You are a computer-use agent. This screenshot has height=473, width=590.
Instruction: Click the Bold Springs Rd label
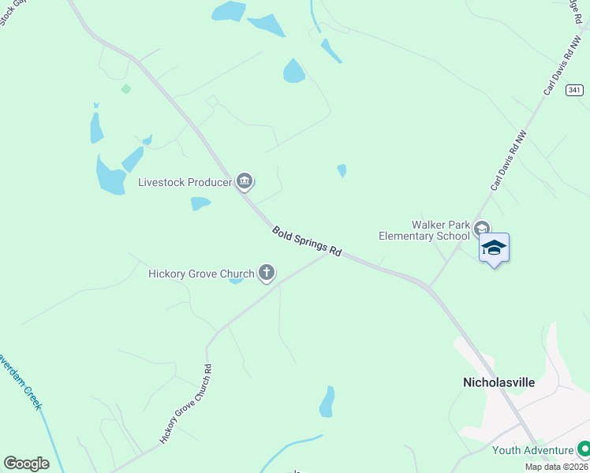coord(307,242)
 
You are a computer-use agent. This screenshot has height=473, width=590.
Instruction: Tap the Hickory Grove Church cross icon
coord(267,274)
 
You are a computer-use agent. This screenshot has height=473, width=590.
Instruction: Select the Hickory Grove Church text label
coord(201,274)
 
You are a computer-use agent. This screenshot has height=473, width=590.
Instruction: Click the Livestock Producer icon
coord(245,182)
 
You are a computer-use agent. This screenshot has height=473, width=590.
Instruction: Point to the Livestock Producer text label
coord(185,183)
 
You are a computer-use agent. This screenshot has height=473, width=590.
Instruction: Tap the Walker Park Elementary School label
coord(424,230)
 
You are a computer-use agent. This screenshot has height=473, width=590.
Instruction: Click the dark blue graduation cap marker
coord(494,248)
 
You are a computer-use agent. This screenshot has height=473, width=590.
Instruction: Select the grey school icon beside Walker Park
coord(481,230)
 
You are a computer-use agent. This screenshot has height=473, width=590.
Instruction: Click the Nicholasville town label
coord(498,382)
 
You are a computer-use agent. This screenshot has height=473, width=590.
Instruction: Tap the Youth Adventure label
coord(533,450)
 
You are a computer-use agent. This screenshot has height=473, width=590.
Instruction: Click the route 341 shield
coord(575,91)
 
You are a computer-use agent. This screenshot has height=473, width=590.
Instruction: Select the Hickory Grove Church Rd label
coord(187,404)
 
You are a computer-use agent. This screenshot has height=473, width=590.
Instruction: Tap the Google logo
coord(26,464)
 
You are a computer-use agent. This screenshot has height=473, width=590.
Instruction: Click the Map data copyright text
coord(557,467)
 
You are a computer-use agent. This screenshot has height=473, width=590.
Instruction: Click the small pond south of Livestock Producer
coord(200,203)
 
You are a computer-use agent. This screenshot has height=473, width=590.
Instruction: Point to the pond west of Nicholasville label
coord(327,402)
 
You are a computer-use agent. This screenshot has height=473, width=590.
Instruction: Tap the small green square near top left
coord(125,89)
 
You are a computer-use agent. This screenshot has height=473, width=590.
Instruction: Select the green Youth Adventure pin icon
coord(584,450)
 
